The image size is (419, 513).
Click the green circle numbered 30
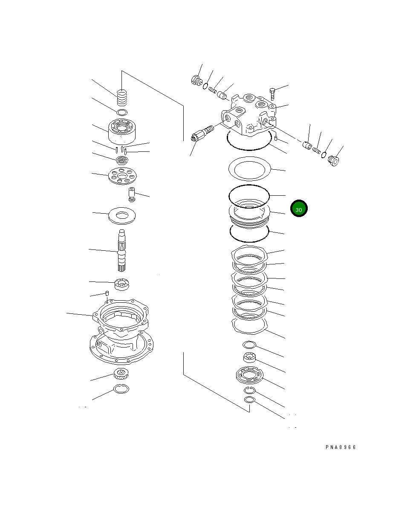[299, 209]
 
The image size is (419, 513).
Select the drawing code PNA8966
[340, 447]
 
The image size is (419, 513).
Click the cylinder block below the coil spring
[122, 131]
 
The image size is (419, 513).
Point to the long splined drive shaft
[122, 250]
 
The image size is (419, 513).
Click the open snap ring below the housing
[121, 388]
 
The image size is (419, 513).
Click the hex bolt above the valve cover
[273, 92]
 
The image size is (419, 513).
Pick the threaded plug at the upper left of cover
[196, 81]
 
